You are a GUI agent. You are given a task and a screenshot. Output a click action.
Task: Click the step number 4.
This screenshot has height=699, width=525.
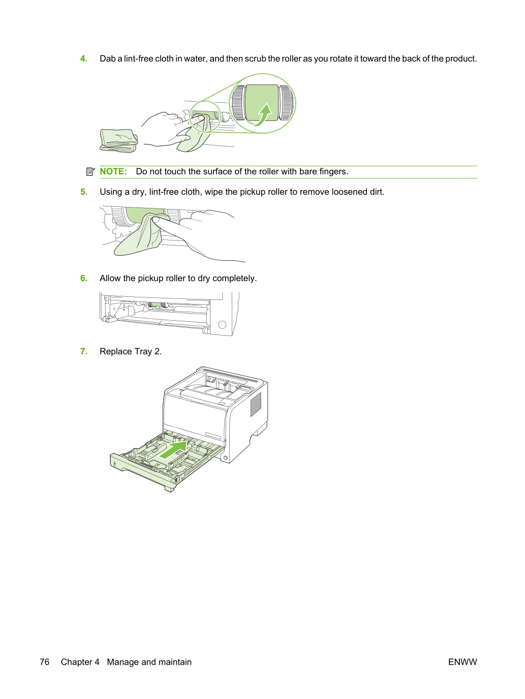pos(83,59)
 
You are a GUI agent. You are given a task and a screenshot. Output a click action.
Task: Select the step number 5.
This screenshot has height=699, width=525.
pos(83,192)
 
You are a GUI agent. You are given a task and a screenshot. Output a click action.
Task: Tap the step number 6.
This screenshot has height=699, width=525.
pos(83,278)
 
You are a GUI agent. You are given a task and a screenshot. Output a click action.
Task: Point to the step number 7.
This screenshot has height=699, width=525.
pos(83,352)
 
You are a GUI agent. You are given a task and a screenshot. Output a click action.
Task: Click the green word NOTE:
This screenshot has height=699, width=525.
pos(113,172)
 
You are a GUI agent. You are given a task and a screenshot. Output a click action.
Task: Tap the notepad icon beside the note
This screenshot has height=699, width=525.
pos(90,172)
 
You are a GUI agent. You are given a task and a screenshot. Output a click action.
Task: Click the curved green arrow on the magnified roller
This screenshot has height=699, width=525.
pos(262,115)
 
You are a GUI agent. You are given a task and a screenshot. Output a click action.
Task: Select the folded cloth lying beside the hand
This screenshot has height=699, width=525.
pos(119,140)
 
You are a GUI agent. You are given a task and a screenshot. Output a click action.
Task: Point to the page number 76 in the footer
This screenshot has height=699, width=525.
pos(45,662)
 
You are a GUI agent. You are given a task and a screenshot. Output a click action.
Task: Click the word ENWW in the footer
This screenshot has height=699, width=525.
pos(462,662)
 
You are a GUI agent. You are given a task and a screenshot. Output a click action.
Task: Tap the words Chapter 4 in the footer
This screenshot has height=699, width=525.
pos(80,662)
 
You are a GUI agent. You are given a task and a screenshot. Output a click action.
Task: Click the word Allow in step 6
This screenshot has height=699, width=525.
pos(110,278)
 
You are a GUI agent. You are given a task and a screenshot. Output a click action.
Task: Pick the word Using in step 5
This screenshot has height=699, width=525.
pos(110,192)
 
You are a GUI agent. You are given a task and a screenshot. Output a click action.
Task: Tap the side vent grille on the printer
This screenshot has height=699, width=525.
pos(256,405)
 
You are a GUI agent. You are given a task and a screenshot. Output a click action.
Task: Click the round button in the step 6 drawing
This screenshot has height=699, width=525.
pos(222,325)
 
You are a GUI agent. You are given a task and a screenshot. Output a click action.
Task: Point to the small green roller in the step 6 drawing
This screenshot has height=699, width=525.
pos(156,305)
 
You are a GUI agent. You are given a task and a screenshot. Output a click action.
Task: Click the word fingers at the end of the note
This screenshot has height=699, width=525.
pos(334,172)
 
